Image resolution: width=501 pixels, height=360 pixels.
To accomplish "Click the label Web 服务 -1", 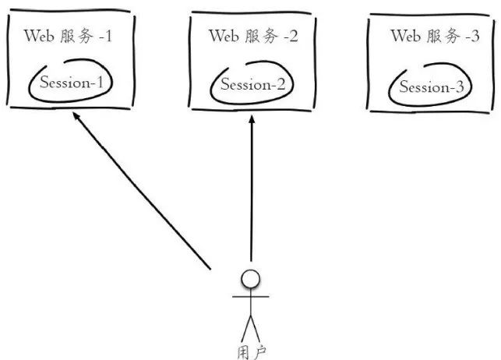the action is [x=68, y=36].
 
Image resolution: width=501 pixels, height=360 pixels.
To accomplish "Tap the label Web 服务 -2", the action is [x=253, y=36].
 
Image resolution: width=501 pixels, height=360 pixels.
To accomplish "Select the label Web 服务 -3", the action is [x=436, y=36].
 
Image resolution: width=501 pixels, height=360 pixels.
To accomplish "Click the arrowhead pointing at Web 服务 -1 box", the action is [x=76, y=115].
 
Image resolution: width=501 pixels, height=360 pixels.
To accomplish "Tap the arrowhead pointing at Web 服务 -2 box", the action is [x=252, y=118].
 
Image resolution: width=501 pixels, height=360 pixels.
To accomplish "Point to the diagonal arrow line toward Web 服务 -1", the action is [x=142, y=191].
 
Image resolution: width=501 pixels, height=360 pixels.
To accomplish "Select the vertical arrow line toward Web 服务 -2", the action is [x=252, y=188].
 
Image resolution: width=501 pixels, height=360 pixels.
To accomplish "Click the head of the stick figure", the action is [x=251, y=278].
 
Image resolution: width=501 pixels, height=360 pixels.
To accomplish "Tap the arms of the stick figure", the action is [x=251, y=297].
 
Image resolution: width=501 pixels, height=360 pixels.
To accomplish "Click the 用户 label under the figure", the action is [x=252, y=353].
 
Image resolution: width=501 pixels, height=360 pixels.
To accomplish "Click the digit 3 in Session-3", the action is [x=459, y=87].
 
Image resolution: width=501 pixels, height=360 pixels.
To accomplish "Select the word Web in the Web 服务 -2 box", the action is [x=224, y=36].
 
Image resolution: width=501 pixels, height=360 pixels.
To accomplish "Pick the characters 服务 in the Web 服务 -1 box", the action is [x=76, y=36].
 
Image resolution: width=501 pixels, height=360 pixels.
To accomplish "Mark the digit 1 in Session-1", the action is [x=101, y=82].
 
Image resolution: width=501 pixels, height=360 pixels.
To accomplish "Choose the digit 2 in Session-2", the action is [x=280, y=84].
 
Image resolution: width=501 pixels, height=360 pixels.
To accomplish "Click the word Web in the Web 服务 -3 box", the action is [x=406, y=36].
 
